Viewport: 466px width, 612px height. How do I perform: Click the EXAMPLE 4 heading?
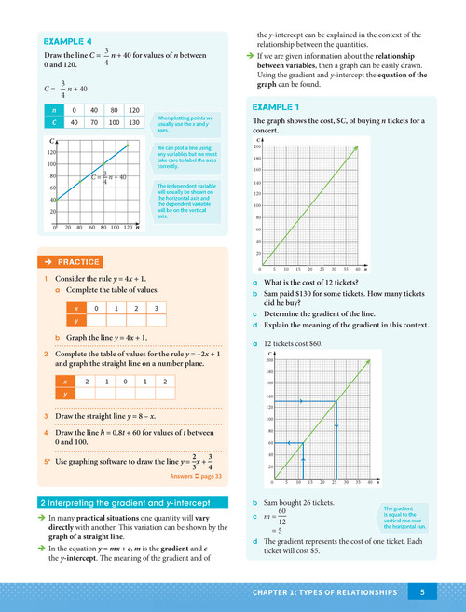point(68,42)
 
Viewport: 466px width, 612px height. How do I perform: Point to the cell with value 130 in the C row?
point(133,122)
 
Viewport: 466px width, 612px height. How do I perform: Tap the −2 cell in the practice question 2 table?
point(86,382)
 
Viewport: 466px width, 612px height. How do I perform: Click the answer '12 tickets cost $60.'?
point(296,343)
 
